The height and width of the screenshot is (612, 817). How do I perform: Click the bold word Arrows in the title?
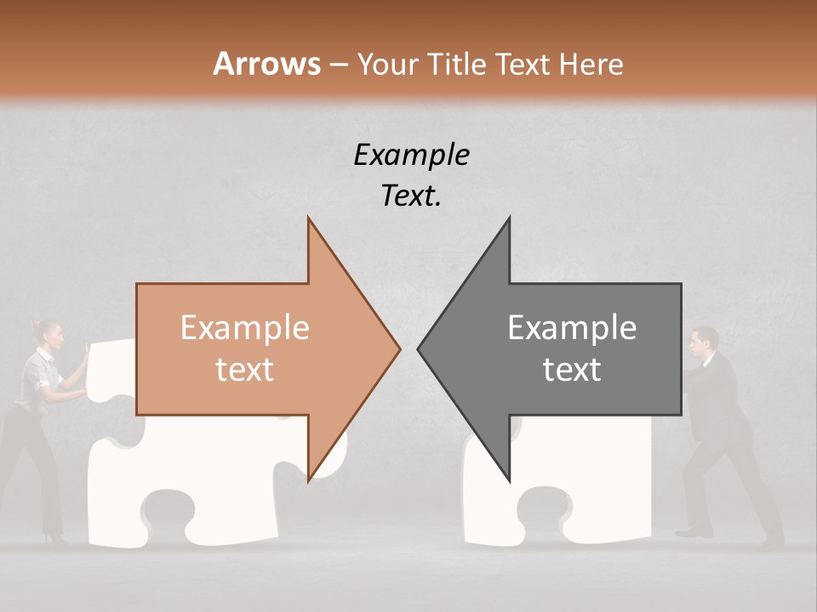tap(266, 64)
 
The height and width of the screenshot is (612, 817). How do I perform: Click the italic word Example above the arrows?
tap(411, 155)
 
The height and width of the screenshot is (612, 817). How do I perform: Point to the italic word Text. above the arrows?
tap(411, 196)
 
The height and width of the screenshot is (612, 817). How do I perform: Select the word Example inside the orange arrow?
tap(245, 328)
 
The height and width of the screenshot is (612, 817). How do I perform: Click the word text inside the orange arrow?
tap(245, 370)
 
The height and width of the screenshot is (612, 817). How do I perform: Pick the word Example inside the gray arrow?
tap(572, 328)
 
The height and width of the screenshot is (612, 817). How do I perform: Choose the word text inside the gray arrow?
tap(572, 370)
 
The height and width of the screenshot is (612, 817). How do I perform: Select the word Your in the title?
tap(387, 64)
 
